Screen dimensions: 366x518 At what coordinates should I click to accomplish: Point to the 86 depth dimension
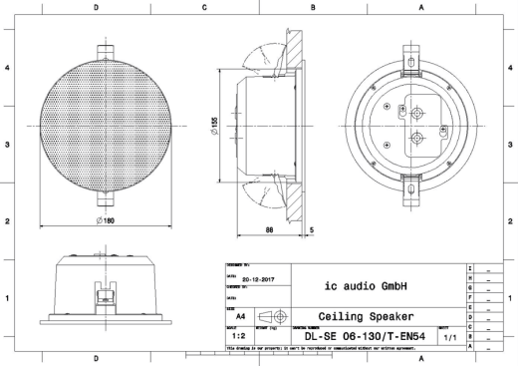pyautogui.click(x=271, y=228)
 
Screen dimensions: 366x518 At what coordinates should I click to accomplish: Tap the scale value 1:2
pyautogui.click(x=240, y=337)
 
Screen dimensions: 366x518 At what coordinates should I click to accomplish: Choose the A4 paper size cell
pyautogui.click(x=240, y=315)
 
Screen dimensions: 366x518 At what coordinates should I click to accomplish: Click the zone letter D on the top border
pyautogui.click(x=96, y=7)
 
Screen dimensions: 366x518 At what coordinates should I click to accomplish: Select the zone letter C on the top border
pyautogui.click(x=204, y=7)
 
